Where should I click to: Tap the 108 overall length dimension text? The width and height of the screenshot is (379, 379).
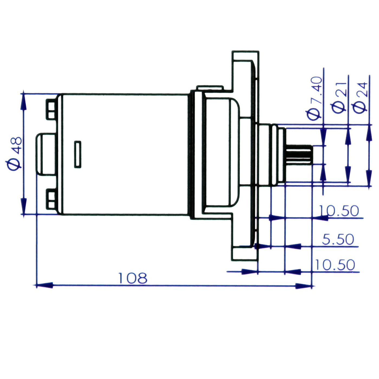click(133, 278)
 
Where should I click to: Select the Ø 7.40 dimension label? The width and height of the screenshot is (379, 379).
click(314, 98)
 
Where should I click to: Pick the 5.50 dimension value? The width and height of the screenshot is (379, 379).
click(338, 239)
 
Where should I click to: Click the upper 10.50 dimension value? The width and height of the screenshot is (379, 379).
click(339, 211)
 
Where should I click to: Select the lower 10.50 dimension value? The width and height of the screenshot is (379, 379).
click(335, 265)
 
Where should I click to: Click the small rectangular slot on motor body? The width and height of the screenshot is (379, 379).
click(78, 154)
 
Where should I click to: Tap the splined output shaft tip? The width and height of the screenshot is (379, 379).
click(299, 155)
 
